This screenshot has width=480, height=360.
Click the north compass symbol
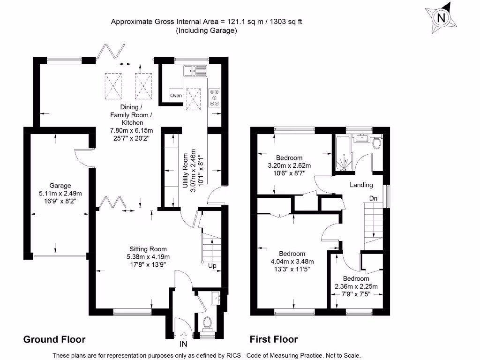(x=441, y=18)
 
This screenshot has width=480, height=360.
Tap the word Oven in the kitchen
(x=176, y=96)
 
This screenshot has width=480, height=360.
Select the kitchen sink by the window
(x=195, y=71)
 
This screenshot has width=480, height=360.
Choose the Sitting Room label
(x=148, y=249)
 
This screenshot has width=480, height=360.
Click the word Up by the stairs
(x=212, y=266)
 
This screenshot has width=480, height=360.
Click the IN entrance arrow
(x=183, y=335)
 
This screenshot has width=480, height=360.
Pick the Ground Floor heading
(x=54, y=339)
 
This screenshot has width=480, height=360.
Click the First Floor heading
(x=273, y=339)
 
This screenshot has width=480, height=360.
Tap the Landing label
(x=361, y=185)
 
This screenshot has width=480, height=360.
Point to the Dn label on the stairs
(x=373, y=199)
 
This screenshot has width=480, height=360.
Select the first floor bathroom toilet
(x=376, y=142)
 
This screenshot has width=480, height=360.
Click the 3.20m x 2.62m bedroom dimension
(x=289, y=165)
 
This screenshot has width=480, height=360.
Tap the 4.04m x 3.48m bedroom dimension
(x=292, y=262)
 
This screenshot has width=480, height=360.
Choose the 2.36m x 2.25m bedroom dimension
(x=356, y=286)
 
